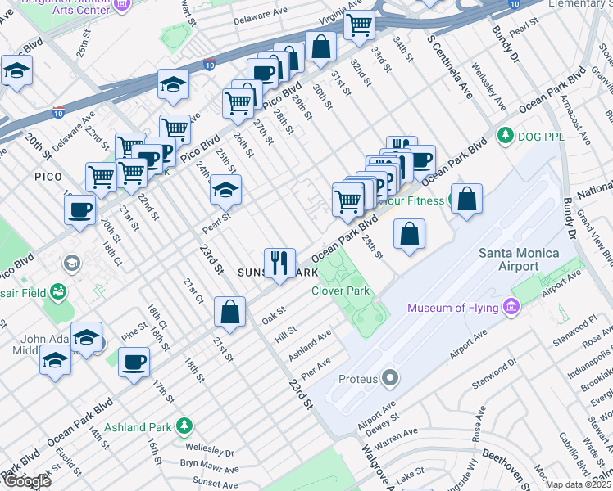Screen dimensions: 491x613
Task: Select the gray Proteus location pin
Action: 390,379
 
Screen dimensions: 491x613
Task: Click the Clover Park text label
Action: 341,291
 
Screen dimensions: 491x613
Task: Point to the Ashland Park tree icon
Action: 185,426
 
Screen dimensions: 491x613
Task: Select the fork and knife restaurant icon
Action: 279,264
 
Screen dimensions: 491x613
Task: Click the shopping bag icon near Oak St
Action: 230,312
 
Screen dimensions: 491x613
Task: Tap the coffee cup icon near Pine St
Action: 134,362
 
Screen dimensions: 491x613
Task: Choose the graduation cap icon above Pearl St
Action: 225,191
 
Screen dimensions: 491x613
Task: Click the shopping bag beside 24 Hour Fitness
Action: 466,199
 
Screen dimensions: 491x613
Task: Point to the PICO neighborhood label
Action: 49,176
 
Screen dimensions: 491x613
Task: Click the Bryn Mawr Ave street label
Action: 208,466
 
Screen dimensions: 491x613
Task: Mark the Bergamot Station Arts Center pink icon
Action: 122,5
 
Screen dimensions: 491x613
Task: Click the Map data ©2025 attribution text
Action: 578,484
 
